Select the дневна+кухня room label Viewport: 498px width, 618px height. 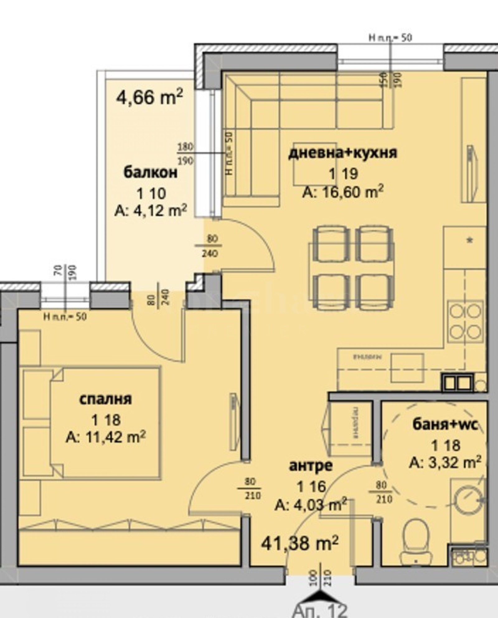tap(343, 153)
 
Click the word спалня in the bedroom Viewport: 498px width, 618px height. tap(106, 399)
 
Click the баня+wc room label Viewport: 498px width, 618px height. tap(445, 424)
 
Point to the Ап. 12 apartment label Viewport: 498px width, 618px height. tap(321, 611)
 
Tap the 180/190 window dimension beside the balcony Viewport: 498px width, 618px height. tap(186, 154)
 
